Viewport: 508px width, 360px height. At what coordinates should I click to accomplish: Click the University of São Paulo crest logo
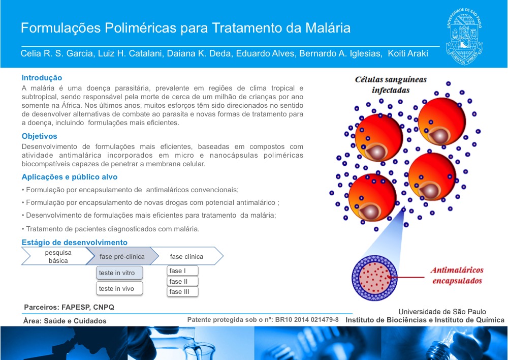click(464, 36)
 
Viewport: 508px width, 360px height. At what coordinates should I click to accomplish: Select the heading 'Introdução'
click(42, 78)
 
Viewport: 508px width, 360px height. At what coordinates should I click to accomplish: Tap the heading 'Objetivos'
click(39, 136)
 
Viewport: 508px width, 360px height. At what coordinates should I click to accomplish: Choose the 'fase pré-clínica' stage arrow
click(122, 256)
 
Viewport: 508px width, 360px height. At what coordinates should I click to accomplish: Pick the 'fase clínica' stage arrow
click(187, 256)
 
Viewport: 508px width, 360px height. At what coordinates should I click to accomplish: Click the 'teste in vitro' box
click(119, 273)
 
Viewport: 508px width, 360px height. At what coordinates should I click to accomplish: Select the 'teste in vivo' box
click(119, 288)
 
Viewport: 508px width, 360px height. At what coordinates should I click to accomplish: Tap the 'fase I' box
click(182, 271)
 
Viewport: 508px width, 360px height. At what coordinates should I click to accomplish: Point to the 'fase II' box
click(182, 281)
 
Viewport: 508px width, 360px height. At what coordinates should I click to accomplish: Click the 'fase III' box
click(182, 291)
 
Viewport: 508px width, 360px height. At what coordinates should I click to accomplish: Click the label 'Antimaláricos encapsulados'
click(457, 276)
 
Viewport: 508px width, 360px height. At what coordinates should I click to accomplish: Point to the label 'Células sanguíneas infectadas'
click(391, 84)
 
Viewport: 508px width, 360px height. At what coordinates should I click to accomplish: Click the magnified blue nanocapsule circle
click(375, 278)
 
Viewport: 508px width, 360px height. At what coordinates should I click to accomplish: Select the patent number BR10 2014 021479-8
click(307, 320)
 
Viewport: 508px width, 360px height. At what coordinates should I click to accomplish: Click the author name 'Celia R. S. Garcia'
click(57, 53)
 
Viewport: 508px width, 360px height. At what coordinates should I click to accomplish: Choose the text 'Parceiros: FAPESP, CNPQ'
click(69, 307)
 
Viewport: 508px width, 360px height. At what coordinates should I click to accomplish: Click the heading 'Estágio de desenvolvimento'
click(75, 242)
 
